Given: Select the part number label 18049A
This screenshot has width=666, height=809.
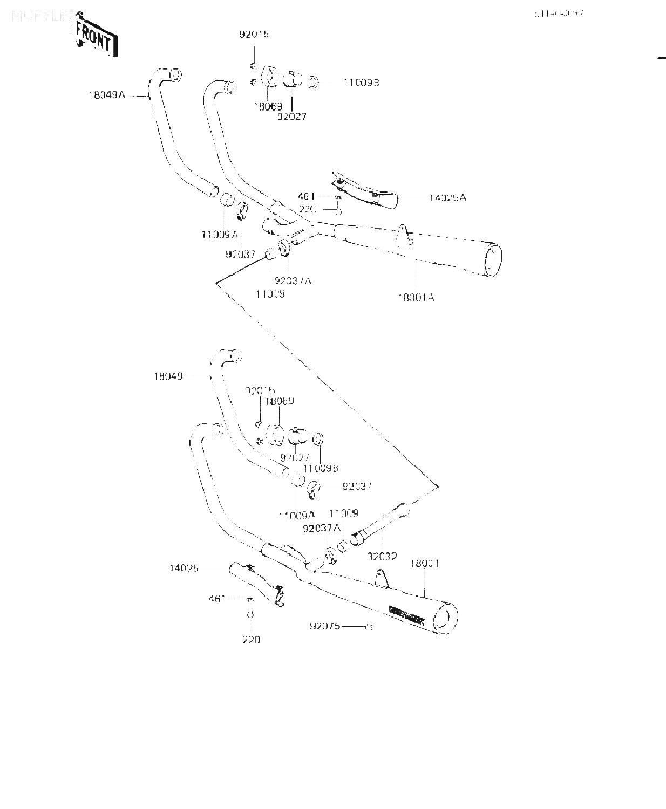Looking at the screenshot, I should (107, 95).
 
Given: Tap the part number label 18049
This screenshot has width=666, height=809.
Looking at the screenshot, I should (168, 376).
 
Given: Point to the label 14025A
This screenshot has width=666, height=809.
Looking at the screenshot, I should (447, 198).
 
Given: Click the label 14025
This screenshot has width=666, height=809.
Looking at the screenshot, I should (184, 568).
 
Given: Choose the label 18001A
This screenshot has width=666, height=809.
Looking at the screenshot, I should (416, 297).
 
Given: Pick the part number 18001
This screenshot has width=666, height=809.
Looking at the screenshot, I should (425, 564).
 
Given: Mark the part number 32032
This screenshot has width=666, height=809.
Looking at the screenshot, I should (382, 557).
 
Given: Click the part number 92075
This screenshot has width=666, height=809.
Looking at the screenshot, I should (324, 626).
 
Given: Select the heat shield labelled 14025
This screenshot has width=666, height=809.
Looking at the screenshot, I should (256, 581).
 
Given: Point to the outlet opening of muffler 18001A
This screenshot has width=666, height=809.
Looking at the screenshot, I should (492, 260).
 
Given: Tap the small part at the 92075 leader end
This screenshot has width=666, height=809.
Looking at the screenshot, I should (369, 627).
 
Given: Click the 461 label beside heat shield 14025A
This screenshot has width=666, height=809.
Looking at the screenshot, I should (306, 197).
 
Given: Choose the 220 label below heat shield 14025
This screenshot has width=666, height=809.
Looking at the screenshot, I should (251, 640).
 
